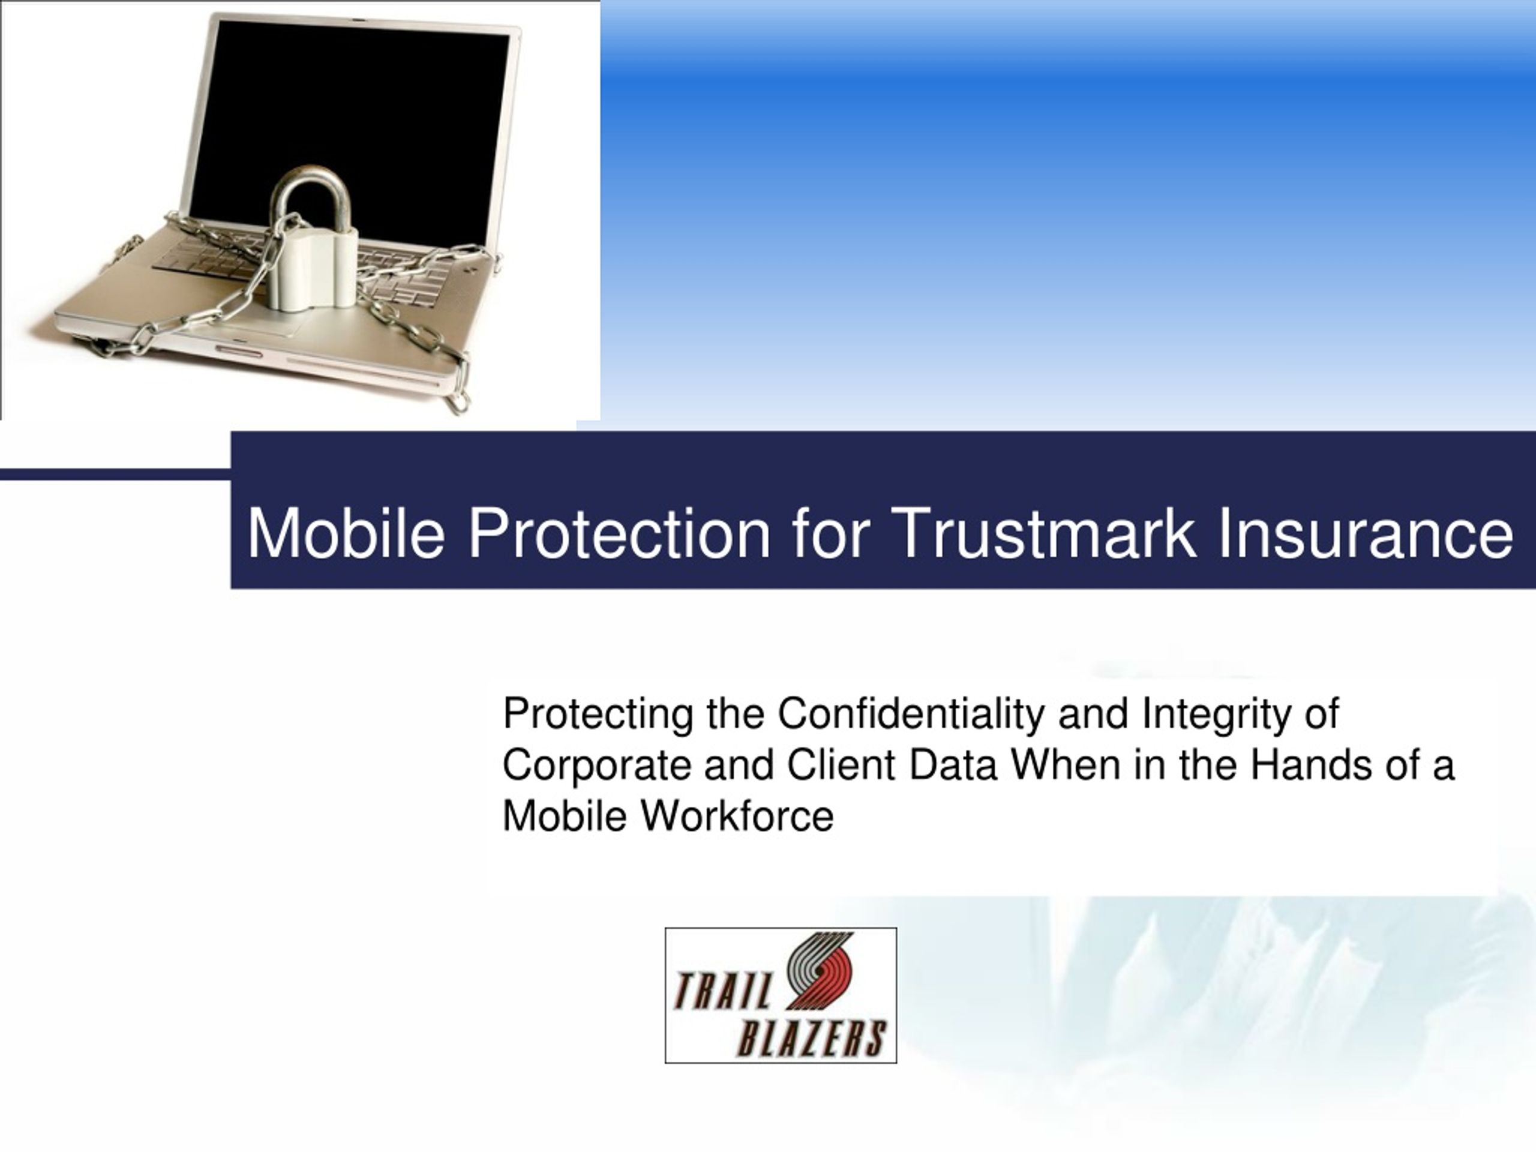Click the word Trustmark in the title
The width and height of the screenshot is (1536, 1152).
1045,533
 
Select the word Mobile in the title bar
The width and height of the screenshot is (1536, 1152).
346,533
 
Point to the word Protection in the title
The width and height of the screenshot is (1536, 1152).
619,533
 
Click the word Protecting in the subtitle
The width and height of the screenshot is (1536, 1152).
598,715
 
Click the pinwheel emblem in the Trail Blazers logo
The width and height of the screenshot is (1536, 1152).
820,971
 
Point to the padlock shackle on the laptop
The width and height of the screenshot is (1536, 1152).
314,198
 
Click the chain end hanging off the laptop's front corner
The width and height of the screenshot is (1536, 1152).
458,401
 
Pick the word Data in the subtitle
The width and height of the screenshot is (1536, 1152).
953,764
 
